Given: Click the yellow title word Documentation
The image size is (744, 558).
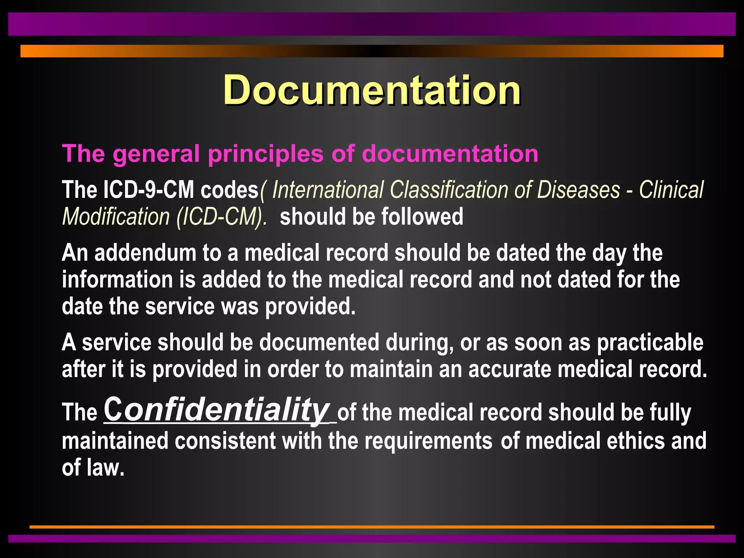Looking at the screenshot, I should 372,90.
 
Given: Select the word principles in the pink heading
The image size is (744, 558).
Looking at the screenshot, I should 265,154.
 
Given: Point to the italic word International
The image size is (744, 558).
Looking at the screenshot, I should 328,190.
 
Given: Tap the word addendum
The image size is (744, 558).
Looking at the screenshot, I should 145,253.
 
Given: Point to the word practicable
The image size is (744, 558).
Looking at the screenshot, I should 650,343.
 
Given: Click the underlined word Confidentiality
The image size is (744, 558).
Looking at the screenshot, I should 217,410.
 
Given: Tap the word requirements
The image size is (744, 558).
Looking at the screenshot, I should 428,441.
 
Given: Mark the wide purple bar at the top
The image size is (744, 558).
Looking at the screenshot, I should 372,24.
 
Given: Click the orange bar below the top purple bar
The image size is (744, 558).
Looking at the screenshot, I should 372,51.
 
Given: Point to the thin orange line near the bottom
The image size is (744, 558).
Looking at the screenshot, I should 372,527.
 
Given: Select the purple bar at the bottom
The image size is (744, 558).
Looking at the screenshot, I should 372,538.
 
